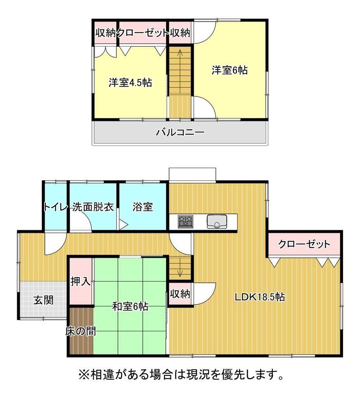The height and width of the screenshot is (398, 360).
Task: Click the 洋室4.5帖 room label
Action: pyautogui.click(x=130, y=82)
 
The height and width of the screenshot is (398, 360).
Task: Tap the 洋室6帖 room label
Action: pyautogui.click(x=230, y=70)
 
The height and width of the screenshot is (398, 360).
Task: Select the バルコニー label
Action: pyautogui.click(x=180, y=132)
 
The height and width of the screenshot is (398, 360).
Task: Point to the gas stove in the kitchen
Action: pyautogui.click(x=185, y=221)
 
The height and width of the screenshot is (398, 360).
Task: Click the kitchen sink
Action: pyautogui.click(x=217, y=221)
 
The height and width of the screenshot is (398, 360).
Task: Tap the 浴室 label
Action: pyautogui.click(x=143, y=207)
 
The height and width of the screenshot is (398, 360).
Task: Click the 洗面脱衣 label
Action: pyautogui.click(x=93, y=207)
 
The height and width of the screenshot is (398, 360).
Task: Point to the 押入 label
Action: pyautogui.click(x=80, y=281)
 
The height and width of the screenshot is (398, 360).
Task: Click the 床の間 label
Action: pyautogui.click(x=81, y=331)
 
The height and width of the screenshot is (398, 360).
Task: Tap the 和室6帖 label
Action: pyautogui.click(x=130, y=306)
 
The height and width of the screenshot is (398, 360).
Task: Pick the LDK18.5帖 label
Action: pyautogui.click(x=259, y=297)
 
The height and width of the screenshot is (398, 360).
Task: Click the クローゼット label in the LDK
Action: pyautogui.click(x=304, y=244)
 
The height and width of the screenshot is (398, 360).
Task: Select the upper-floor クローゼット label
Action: pyautogui.click(x=143, y=33)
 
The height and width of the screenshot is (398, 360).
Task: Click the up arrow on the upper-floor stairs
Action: pyautogui.click(x=180, y=55)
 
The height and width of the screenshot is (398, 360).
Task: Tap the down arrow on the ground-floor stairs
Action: pyautogui.click(x=180, y=271)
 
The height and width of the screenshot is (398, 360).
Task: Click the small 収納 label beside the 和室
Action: pyautogui.click(x=180, y=294)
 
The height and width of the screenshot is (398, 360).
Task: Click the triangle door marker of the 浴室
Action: pyautogui.click(x=123, y=224)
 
